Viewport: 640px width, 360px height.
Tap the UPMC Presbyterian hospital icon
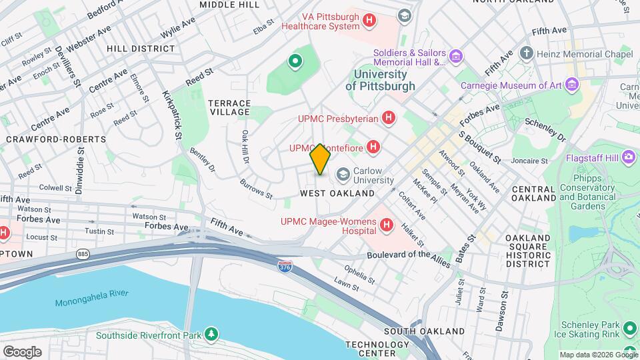click(389, 119)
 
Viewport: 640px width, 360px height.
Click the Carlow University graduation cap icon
click(343, 175)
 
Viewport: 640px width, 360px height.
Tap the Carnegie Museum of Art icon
click(571, 85)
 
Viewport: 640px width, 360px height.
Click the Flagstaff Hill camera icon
click(628, 157)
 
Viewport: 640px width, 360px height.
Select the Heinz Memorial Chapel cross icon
click(527, 53)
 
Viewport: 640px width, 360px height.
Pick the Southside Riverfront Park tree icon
click(211, 333)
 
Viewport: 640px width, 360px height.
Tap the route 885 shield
click(83, 255)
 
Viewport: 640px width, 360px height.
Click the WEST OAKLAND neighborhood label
click(337, 193)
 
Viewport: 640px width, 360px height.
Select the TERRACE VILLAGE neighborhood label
click(229, 108)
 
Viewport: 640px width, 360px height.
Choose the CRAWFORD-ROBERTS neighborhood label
click(56, 139)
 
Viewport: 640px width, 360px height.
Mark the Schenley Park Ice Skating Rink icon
click(628, 328)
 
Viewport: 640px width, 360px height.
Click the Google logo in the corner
click(21, 351)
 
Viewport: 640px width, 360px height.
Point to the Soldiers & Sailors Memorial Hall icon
click(455, 57)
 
